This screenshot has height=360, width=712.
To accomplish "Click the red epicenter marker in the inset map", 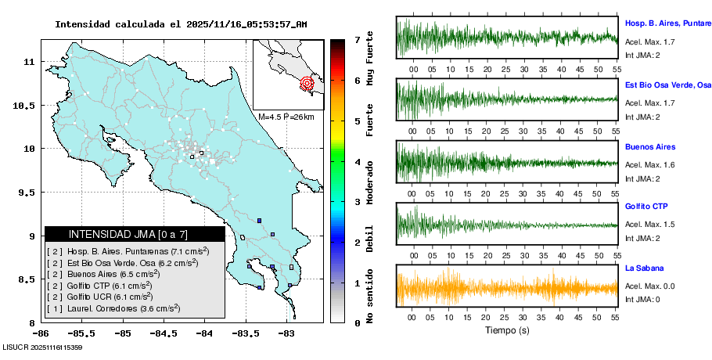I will pyautogui.click(x=307, y=82).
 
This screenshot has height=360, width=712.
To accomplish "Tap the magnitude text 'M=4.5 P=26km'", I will pyautogui.click(x=286, y=117).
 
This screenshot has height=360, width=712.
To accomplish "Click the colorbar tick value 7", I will pyautogui.click(x=357, y=39).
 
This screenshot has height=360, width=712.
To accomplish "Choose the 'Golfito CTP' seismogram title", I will pyautogui.click(x=646, y=206).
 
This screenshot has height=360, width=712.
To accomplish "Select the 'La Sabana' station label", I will pyautogui.click(x=644, y=268).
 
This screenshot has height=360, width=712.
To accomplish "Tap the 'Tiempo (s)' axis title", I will pyautogui.click(x=507, y=330).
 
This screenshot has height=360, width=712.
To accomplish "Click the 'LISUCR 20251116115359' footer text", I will pyautogui.click(x=43, y=346).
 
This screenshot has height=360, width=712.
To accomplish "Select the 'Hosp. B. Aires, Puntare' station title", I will pyautogui.click(x=667, y=23).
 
